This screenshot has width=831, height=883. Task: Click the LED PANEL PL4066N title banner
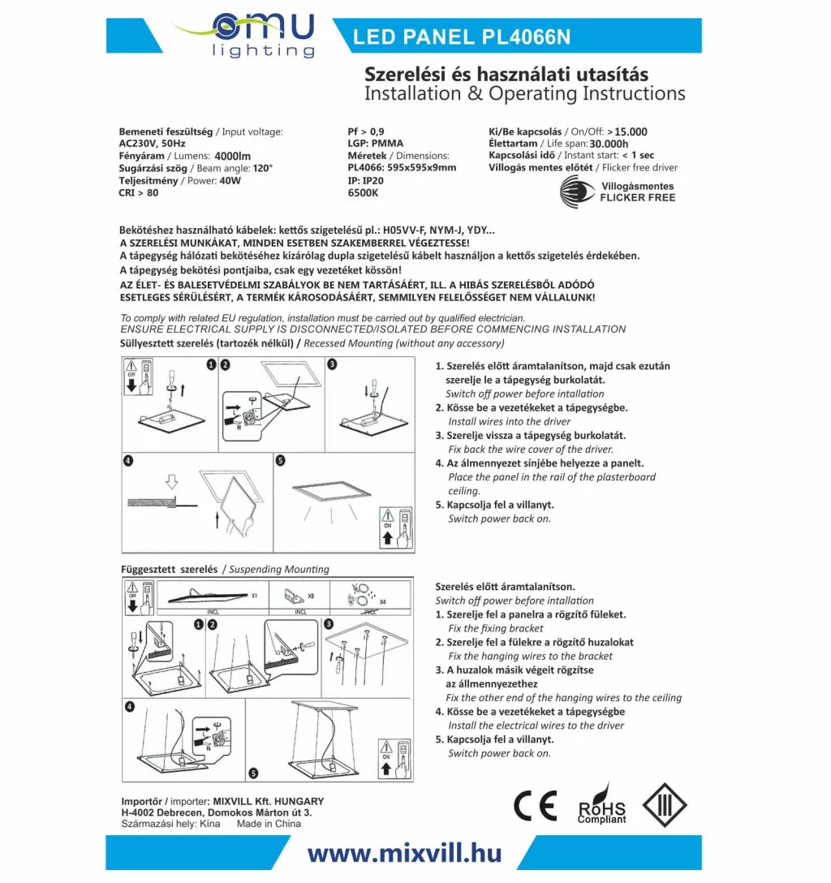462,37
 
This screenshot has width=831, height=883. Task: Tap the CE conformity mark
535,806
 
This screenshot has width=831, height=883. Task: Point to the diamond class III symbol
665,805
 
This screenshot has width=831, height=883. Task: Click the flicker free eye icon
577,192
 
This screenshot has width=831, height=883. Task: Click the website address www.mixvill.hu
404,853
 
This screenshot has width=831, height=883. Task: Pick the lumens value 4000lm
233,156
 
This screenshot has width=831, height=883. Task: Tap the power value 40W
230,180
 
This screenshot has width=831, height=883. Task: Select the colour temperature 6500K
362,192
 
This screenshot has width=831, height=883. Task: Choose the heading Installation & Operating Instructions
524,93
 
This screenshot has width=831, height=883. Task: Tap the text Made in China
269,824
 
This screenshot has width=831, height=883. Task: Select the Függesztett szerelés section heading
169,569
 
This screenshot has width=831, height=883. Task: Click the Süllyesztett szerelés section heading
206,343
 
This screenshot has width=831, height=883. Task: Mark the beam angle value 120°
263,168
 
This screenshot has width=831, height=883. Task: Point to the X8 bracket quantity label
311,596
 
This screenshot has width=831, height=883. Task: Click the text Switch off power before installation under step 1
525,394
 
